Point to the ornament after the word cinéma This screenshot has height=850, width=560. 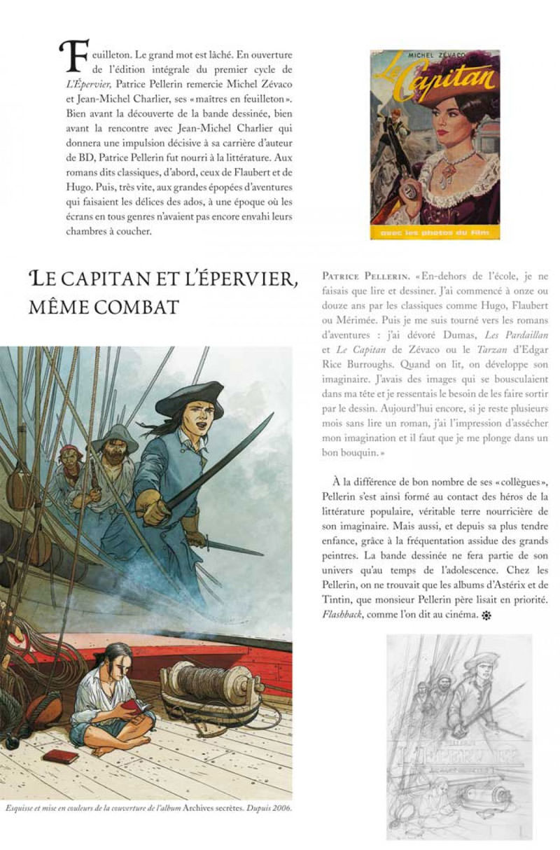click(x=484, y=616)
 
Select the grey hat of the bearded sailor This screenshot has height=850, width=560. click(x=116, y=438)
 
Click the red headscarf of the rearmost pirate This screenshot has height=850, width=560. click(x=71, y=450)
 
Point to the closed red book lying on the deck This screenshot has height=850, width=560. click(x=60, y=756)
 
